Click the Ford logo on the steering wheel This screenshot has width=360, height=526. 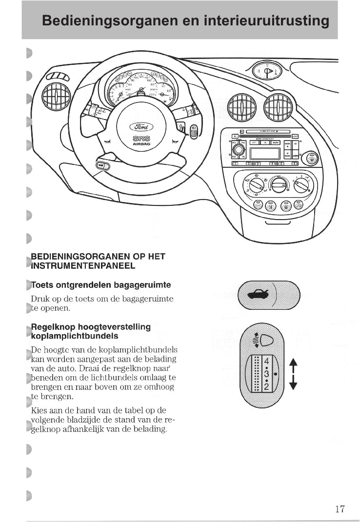140,127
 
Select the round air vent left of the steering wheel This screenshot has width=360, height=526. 56,97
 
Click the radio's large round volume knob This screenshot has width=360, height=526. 239,150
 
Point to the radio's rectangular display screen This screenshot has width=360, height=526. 264,153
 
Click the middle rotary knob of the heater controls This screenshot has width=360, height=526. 279,185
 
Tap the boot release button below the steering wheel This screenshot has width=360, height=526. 102,166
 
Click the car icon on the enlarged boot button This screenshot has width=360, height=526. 257,294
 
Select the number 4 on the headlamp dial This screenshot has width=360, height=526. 266,362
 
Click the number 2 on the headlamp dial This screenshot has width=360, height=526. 266,386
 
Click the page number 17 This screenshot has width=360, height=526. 340,509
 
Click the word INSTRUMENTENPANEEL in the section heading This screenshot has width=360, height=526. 83,266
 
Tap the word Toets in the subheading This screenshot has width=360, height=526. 43,285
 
